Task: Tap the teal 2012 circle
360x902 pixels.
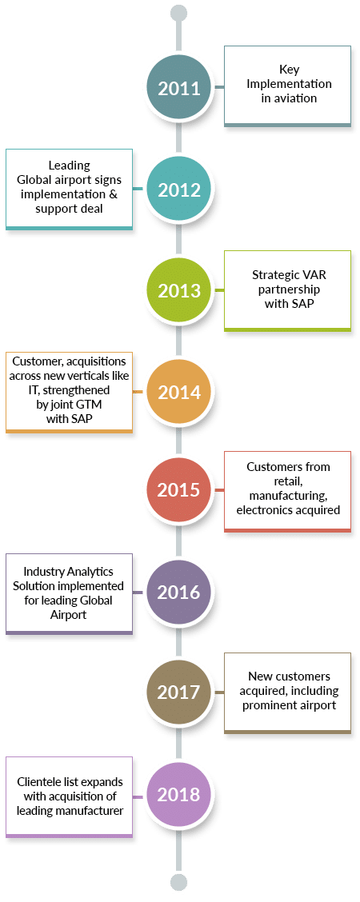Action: (179, 190)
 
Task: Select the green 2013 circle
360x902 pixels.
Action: (179, 290)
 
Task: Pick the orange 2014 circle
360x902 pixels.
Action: (179, 393)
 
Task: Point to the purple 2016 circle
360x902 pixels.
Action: (179, 592)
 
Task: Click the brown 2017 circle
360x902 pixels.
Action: (179, 692)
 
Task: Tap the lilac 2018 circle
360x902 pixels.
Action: (179, 794)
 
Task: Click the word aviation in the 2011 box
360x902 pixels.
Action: (295, 98)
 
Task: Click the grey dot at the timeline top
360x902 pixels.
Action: (179, 13)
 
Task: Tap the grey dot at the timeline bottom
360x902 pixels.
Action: (179, 883)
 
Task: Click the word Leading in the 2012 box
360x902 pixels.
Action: (69, 166)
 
